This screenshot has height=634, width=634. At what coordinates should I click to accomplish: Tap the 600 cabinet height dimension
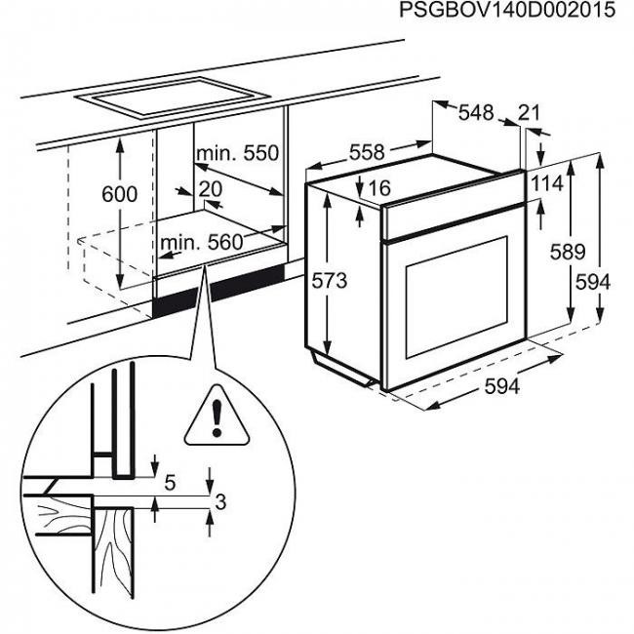120,194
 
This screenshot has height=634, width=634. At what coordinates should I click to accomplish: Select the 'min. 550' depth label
237,153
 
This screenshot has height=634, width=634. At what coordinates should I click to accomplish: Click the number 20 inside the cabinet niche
210,188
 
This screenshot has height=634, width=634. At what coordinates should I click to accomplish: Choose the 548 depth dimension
476,113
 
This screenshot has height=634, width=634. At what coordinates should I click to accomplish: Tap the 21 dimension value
530,113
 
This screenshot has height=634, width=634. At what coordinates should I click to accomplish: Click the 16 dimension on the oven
379,187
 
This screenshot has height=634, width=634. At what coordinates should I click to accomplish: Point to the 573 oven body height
330,281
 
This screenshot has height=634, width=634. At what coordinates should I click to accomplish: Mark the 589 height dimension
567,252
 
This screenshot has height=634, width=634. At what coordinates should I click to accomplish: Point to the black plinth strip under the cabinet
219,292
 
